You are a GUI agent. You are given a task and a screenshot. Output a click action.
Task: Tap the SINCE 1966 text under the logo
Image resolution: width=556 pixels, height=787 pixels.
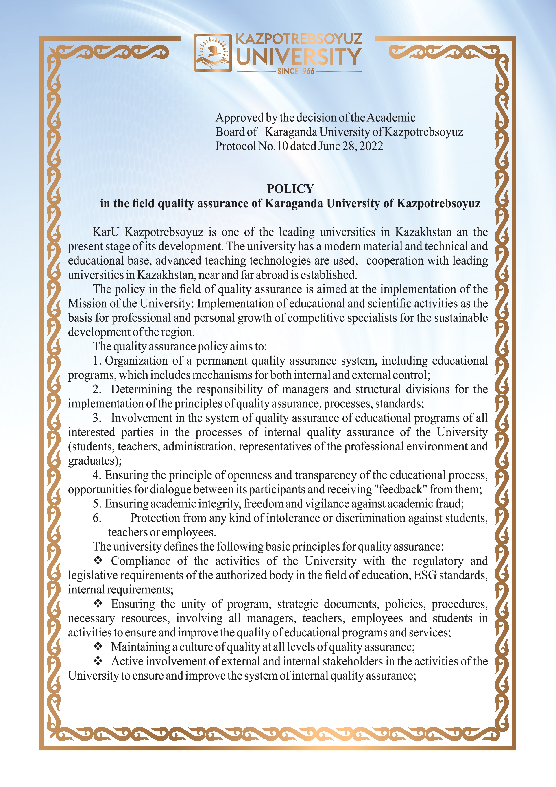point(296,71)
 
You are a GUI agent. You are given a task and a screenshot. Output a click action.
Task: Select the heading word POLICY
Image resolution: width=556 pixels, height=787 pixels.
point(290,189)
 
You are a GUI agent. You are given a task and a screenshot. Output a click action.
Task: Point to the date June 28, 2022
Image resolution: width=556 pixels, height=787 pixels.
point(351,146)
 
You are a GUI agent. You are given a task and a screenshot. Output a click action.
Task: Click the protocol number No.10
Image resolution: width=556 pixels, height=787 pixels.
point(273,146)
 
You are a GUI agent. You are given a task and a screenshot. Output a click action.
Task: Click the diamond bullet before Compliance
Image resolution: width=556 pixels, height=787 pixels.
point(98,561)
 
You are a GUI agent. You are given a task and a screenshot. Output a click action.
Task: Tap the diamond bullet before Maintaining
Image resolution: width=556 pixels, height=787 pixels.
point(98,647)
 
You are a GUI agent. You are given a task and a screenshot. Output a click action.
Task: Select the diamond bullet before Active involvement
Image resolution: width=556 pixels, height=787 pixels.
point(98,661)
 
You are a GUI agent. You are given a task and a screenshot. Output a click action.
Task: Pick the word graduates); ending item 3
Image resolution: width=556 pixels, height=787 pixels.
point(95,461)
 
